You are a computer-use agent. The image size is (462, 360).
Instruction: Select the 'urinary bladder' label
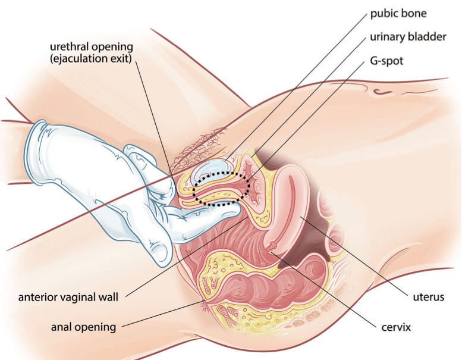pyautogui.click(x=408, y=37)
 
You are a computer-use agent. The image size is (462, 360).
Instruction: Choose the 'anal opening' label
pyautogui.click(x=83, y=326)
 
